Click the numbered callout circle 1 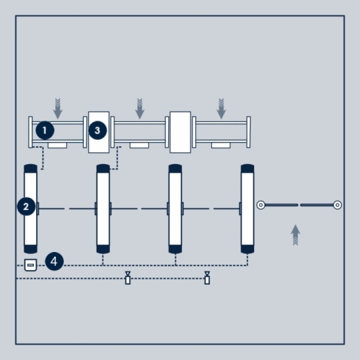click(x=45, y=130)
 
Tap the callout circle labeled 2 click(x=26, y=206)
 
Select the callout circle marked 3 click(x=98, y=130)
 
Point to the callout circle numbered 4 click(x=54, y=262)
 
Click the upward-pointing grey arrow click(x=296, y=235)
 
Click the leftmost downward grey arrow click(x=57, y=109)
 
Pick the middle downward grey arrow click(x=140, y=109)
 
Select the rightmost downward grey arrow click(x=221, y=109)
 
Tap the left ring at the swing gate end click(x=261, y=205)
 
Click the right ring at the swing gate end click(x=337, y=205)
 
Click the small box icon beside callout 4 click(x=30, y=265)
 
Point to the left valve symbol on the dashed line click(x=127, y=278)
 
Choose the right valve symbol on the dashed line click(x=207, y=278)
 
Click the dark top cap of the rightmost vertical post click(x=247, y=169)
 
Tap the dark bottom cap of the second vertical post click(x=103, y=249)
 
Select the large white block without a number click(x=180, y=132)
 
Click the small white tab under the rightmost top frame click(x=221, y=145)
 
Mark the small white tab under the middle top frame click(x=139, y=145)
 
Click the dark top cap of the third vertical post click(x=175, y=169)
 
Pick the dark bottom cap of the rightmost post click(x=247, y=249)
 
